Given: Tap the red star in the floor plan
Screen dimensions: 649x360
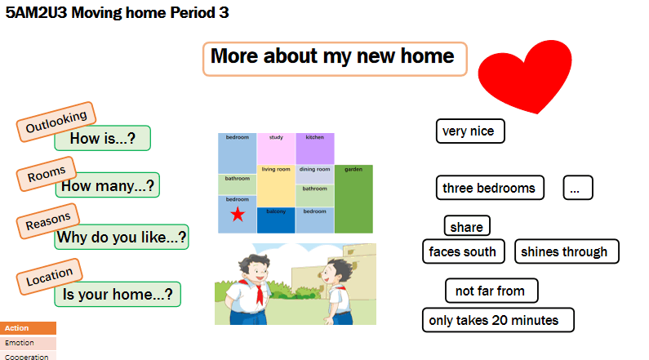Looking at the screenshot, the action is [238, 215].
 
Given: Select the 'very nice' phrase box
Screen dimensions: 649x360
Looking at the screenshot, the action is [470, 131].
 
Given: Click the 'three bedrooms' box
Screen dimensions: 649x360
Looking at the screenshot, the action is [490, 188].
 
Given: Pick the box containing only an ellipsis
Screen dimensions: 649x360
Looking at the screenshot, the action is [578, 188].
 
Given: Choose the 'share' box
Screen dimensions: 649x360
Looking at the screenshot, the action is [467, 226].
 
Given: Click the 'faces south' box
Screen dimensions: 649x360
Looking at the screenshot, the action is [464, 251].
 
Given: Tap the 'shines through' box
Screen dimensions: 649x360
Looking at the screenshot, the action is [567, 251].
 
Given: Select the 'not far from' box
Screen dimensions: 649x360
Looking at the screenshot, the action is [491, 291].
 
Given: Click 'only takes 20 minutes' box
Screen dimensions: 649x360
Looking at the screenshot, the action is [498, 320].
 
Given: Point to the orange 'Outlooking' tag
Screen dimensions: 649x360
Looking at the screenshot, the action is [56, 122].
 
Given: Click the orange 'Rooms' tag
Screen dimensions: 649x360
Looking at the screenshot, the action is [47, 174].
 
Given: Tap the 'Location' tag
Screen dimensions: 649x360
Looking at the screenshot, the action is [49, 277].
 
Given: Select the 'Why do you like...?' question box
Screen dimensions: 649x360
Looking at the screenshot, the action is [122, 237].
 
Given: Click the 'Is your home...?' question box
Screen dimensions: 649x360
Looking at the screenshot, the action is [118, 294].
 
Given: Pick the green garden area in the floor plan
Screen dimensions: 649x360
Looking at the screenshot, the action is [353, 199].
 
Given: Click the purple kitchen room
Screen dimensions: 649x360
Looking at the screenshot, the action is [314, 149].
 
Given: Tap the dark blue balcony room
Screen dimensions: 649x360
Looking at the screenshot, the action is [276, 220].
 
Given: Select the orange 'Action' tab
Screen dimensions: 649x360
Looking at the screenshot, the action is [28, 327].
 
